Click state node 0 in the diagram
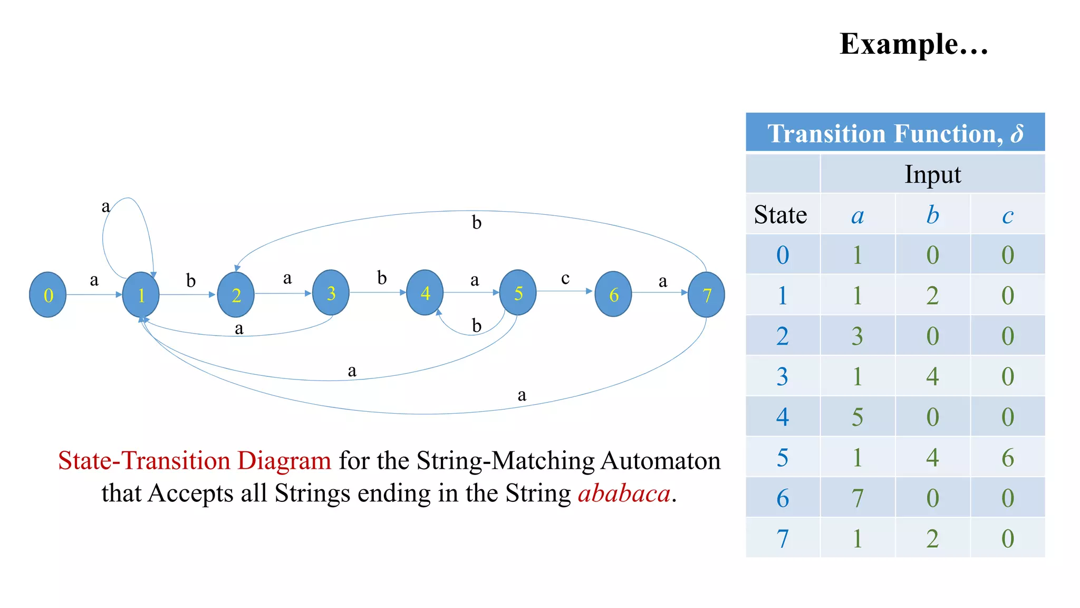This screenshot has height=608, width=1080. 48,294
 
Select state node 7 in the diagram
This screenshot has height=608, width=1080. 706,294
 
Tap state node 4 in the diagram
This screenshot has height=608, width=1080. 425,292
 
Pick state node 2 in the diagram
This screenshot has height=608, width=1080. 236,294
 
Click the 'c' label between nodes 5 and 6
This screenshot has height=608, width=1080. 565,278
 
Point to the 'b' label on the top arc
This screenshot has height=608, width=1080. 477,223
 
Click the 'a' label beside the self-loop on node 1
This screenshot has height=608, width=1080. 106,206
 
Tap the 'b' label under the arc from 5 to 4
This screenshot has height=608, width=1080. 477,326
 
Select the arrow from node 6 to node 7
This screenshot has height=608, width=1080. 659,292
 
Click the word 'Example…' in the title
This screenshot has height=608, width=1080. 913,44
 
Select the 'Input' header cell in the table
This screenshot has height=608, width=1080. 932,174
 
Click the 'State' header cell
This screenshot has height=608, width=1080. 781,215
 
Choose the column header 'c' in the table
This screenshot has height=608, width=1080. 1007,215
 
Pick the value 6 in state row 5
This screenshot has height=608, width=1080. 1007,457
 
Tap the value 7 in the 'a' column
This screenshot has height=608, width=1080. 857,498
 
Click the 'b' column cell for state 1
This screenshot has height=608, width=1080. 932,296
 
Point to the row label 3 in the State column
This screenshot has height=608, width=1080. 783,376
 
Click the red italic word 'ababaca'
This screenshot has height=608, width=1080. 624,493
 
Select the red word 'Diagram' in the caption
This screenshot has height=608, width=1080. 284,460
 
